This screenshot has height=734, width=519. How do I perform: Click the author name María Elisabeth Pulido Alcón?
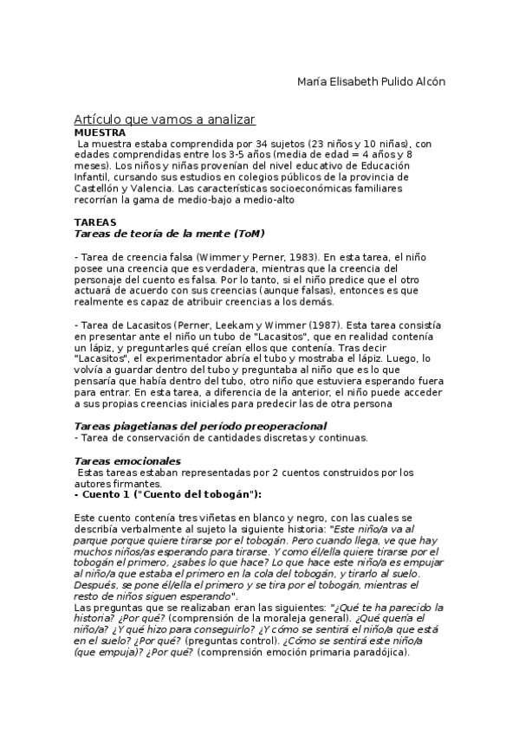click(x=371, y=82)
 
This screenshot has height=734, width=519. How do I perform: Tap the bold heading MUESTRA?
click(x=101, y=132)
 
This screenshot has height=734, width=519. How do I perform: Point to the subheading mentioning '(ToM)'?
click(x=170, y=234)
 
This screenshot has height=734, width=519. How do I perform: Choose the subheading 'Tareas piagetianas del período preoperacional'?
click(x=201, y=426)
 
